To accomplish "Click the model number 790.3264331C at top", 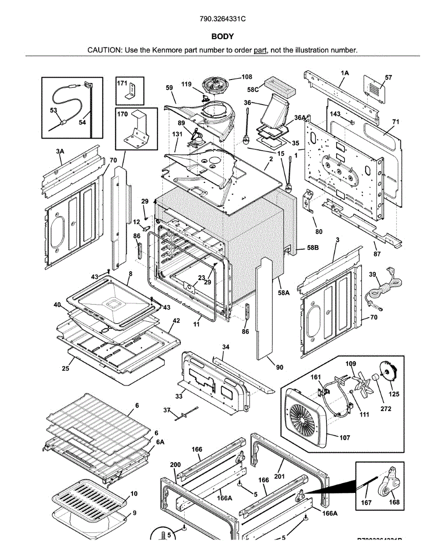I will point(222,19).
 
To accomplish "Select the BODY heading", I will point(222,36).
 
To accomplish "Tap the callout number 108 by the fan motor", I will point(247,77).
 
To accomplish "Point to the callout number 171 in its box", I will point(122,83).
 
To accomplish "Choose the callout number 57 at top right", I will point(388,78).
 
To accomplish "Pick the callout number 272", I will point(385,409).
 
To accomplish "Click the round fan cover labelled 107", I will point(305,412).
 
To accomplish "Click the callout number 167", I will point(366,503).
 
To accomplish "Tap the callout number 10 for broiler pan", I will point(134,493).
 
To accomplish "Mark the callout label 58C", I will point(253,89).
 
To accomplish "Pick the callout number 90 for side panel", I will point(279,367).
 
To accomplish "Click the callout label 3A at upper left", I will point(60,151).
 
